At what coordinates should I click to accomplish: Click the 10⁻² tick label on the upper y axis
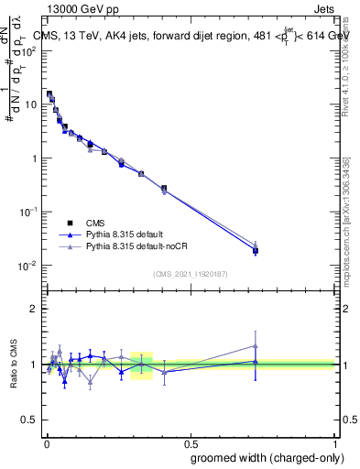point(27,266)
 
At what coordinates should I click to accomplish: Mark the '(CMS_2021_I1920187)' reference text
point(191,273)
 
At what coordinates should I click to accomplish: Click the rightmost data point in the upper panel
point(256,250)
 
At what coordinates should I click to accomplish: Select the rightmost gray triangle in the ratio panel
point(256,345)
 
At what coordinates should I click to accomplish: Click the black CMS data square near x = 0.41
point(164,188)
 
